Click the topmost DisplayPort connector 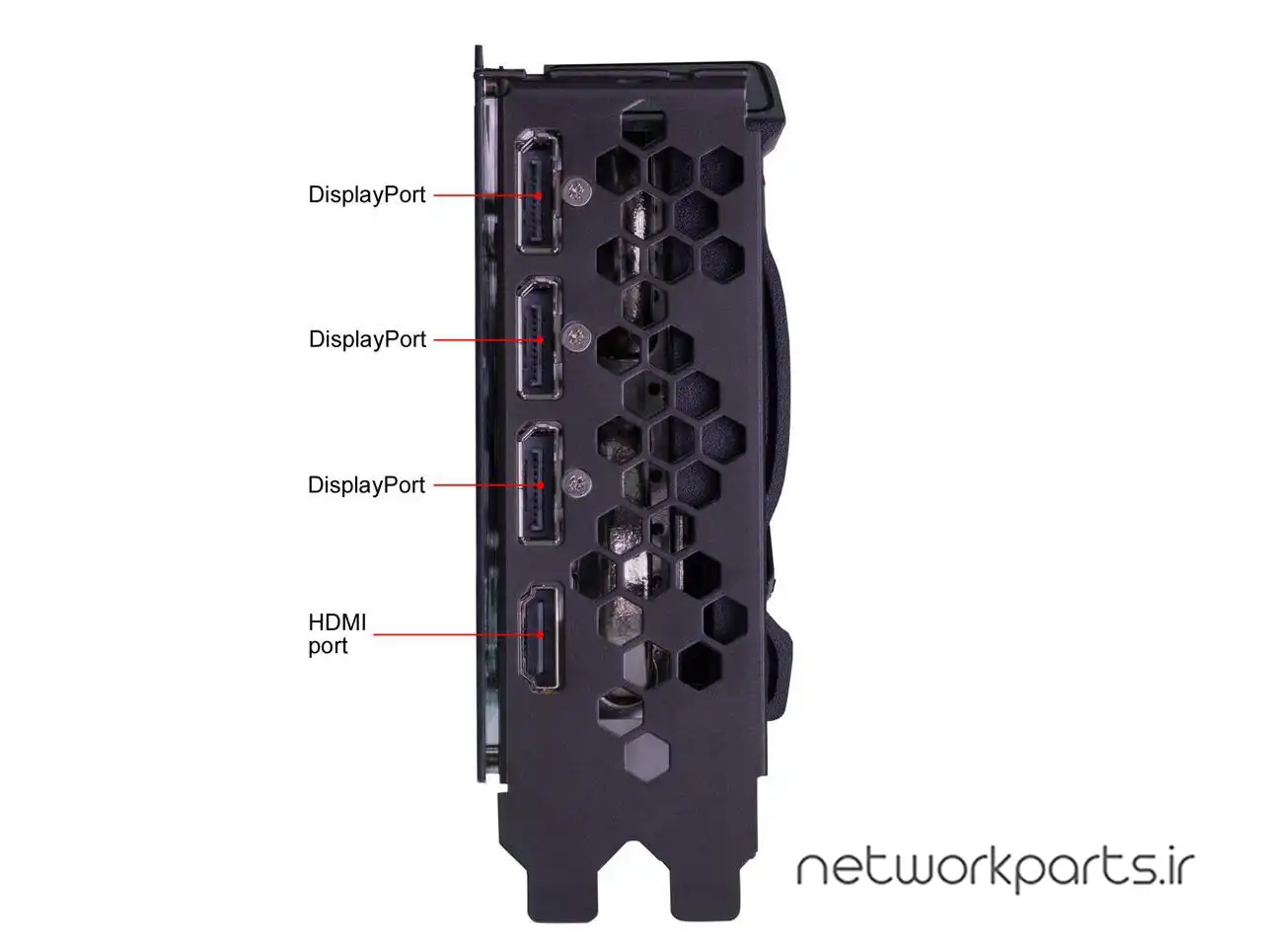point(538,191)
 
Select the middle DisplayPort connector point(539,338)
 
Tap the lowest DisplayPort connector point(539,484)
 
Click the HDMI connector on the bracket point(540,637)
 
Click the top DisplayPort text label point(366,195)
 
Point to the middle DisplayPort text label point(367,339)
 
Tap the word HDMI point(336,622)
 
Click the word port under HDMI point(328,646)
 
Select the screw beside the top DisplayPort point(576,192)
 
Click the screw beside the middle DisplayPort point(576,337)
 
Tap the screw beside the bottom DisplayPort point(576,483)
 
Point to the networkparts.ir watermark point(996,870)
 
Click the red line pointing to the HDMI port point(459,634)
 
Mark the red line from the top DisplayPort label point(487,195)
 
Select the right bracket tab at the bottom point(706,890)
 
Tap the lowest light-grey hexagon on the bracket point(646,757)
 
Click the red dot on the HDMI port point(541,634)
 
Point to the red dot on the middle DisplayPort point(541,339)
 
